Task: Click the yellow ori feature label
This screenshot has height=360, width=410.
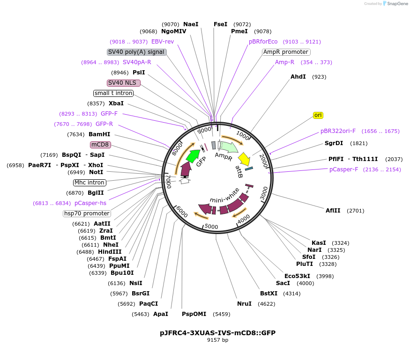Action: [318, 115]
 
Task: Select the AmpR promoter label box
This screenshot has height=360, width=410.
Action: [285, 52]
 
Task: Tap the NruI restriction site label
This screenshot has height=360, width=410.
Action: [244, 304]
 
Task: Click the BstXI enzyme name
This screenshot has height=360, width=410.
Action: [268, 294]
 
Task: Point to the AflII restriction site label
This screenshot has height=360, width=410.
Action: [333, 211]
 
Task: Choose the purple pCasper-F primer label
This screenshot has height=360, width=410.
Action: [343, 169]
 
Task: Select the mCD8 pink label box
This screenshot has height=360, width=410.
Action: [100, 145]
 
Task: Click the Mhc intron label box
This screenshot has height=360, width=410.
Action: [89, 183]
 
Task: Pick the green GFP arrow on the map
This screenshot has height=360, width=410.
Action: [193, 154]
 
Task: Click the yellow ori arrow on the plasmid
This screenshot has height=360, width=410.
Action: [244, 159]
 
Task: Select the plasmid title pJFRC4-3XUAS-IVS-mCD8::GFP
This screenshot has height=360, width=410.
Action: [217, 333]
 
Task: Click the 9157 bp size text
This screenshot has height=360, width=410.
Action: [217, 340]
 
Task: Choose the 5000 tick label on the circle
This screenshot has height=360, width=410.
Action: [211, 227]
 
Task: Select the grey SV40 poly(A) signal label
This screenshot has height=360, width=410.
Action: [136, 52]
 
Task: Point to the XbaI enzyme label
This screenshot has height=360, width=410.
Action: [116, 103]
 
